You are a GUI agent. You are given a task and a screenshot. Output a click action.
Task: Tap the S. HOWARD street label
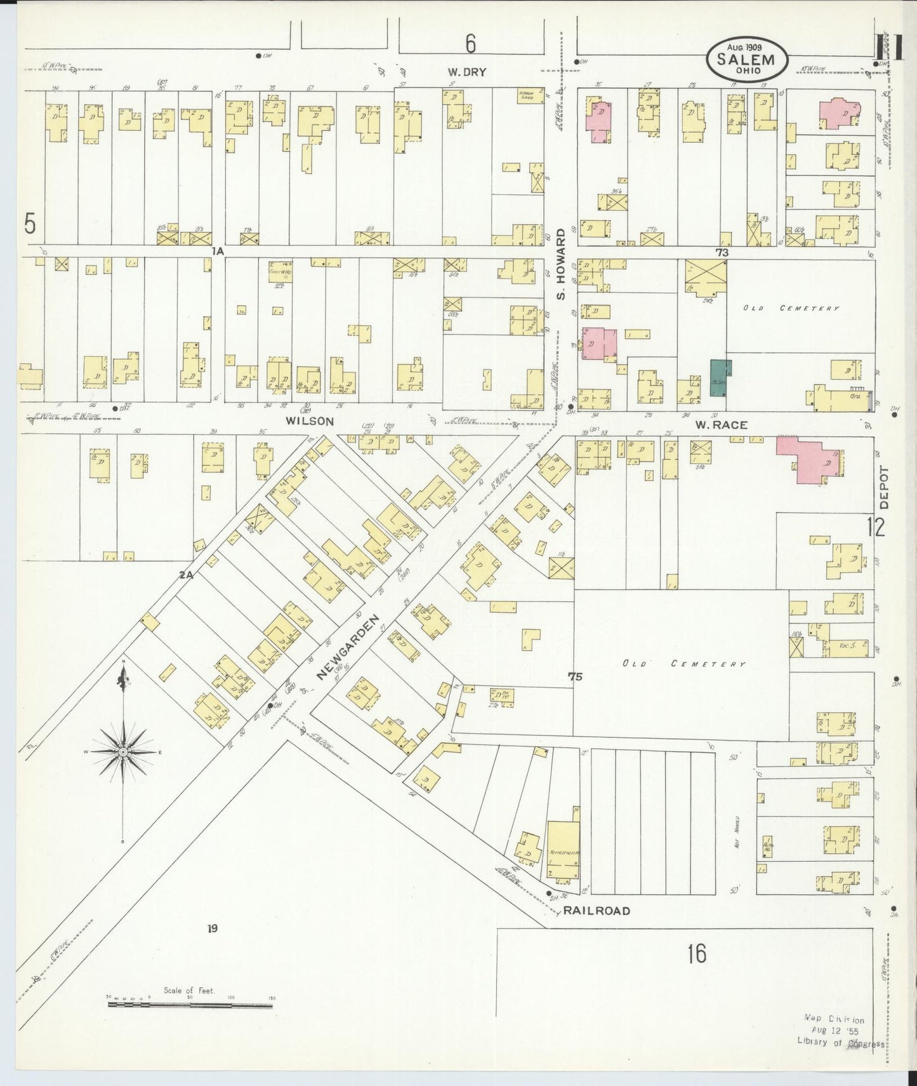561,265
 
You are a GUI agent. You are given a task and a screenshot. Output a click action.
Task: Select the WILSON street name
309,420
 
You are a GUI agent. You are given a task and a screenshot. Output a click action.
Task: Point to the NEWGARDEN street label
348,648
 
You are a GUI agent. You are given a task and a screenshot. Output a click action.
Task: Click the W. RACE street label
721,424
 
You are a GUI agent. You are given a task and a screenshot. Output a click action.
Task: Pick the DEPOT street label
885,488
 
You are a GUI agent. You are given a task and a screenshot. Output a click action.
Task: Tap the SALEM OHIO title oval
747,59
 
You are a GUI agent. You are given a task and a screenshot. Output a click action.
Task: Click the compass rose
124,751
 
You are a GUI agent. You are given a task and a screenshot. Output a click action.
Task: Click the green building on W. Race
720,379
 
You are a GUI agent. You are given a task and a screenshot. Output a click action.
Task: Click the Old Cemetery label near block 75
683,664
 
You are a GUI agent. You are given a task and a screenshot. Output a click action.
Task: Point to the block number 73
721,252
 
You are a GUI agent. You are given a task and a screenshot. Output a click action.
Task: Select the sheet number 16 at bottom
696,953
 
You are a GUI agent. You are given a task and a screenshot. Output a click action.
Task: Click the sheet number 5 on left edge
29,224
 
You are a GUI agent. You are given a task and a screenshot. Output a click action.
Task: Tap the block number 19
212,928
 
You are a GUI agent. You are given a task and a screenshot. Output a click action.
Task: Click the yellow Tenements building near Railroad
563,851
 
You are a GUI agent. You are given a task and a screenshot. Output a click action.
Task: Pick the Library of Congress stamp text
840,1043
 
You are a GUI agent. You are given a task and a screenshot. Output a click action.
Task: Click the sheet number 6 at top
470,43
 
